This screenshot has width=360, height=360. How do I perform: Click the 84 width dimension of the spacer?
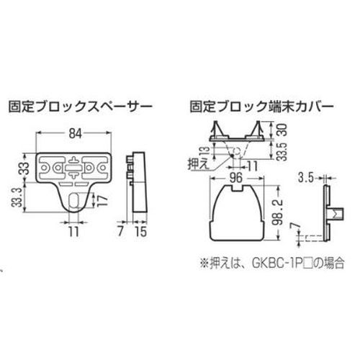pyautogui.click(x=75, y=134)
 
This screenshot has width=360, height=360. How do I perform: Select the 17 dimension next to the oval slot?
pyautogui.click(x=101, y=199)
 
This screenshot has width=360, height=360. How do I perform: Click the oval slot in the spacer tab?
pyautogui.click(x=74, y=199)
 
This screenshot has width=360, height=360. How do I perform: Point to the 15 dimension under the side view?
pyautogui.click(x=140, y=231)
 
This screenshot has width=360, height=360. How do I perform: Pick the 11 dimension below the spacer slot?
pyautogui.click(x=73, y=232)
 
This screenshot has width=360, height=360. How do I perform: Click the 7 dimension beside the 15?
pyautogui.click(x=121, y=231)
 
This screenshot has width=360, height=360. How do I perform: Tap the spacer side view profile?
pyautogui.click(x=138, y=182)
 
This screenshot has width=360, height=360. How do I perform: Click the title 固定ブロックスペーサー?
pyautogui.click(x=81, y=107)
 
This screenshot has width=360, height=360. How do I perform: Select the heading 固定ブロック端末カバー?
pyautogui.click(x=262, y=107)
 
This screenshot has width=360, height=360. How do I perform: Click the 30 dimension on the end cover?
pyautogui.click(x=284, y=130)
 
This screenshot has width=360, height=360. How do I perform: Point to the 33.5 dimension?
pyautogui.click(x=284, y=152)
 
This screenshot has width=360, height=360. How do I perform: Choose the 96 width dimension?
pyautogui.click(x=236, y=179)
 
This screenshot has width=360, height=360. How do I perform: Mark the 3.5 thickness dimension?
pyautogui.click(x=306, y=178)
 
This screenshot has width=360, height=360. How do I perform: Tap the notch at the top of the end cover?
pyautogui.click(x=238, y=188)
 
